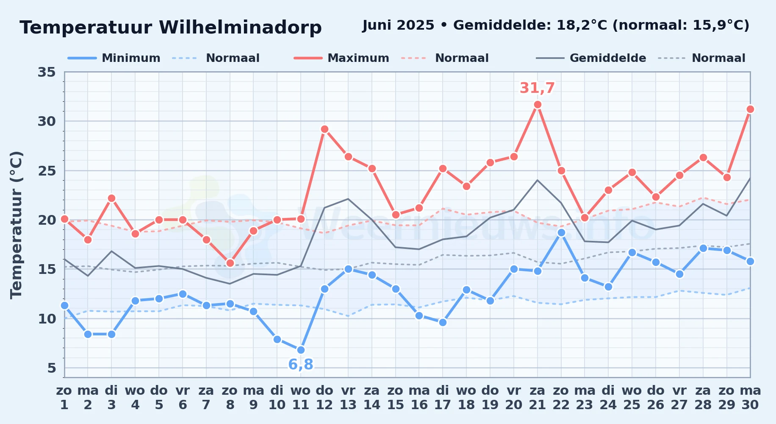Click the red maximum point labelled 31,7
pos(538,105)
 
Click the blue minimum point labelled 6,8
pos(301,350)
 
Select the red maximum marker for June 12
pos(324,129)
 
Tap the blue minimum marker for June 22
pos(561,232)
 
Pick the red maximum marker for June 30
pos(750,109)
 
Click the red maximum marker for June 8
pos(230,263)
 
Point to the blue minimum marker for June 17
pos(443,322)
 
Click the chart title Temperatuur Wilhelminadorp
pos(171,28)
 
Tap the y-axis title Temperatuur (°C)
pos(16,225)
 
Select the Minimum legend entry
pos(114,58)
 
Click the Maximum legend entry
pos(341,58)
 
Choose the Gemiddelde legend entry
pos(591,58)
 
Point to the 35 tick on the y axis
pos(47,72)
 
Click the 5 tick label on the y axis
pos(52,368)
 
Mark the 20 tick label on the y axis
pos(47,220)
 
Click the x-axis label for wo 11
pos(301,398)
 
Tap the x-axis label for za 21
pos(538,398)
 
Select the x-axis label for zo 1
pos(64,398)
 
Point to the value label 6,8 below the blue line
pos(301,364)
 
